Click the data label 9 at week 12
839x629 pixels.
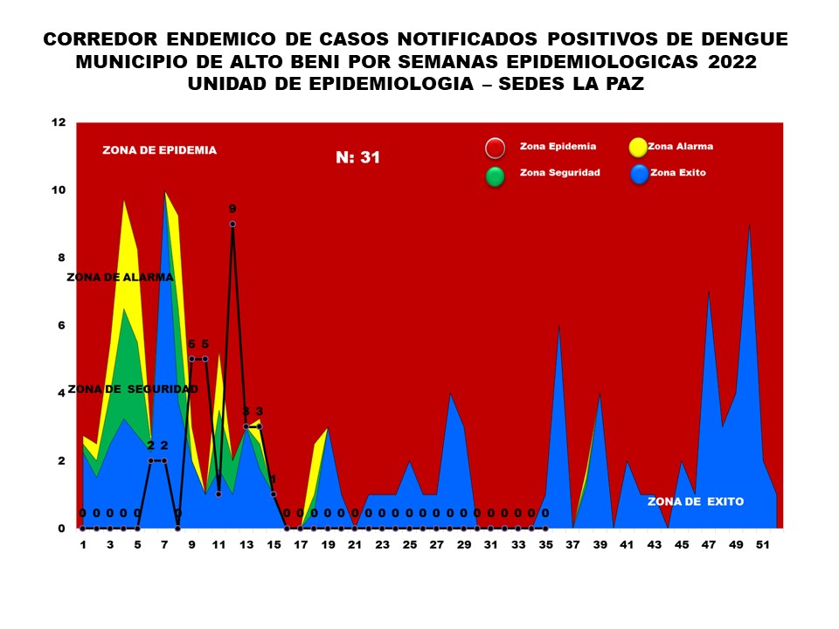pos(232,209)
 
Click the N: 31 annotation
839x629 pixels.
pos(357,158)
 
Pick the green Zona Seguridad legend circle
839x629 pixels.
pos(496,176)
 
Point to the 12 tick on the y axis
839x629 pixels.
pos(59,122)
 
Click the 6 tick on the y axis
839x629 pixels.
pos(62,326)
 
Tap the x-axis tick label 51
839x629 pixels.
pos(763,545)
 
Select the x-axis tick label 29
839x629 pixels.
pos(463,545)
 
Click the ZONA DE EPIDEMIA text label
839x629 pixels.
pos(159,150)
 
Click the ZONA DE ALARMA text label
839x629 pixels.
pos(120,277)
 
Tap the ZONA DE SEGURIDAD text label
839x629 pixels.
pos(132,389)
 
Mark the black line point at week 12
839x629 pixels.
pos(232,225)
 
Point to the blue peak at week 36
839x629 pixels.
pos(558,326)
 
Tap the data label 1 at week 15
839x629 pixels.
pos(273,480)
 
